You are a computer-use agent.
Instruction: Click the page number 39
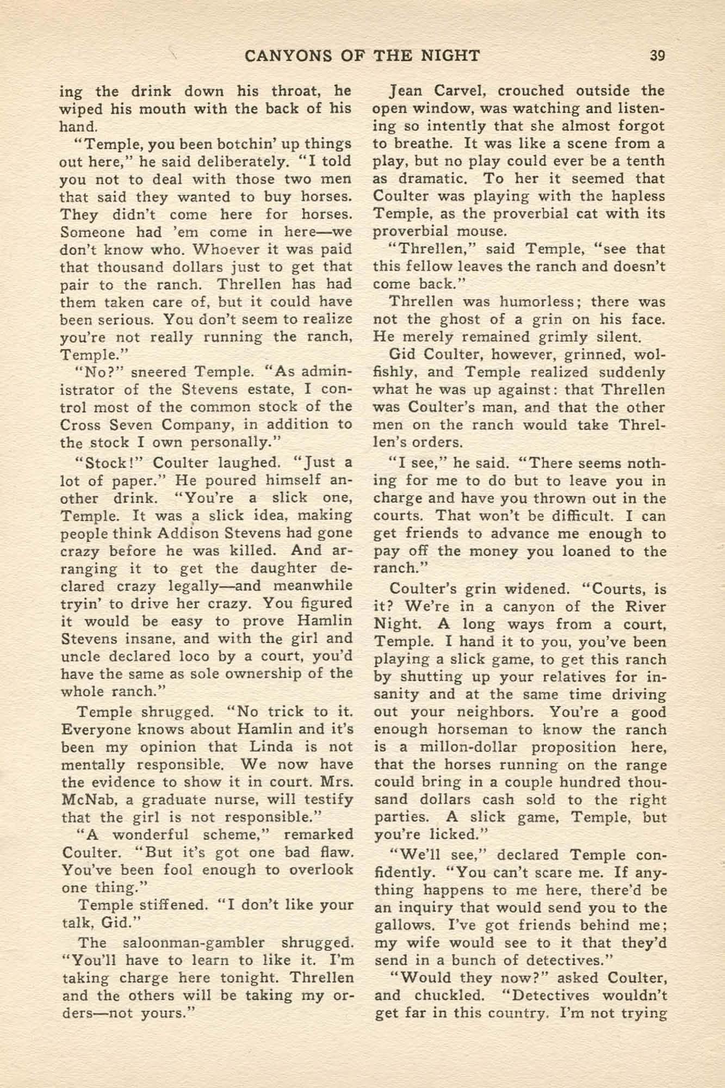coord(657,56)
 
